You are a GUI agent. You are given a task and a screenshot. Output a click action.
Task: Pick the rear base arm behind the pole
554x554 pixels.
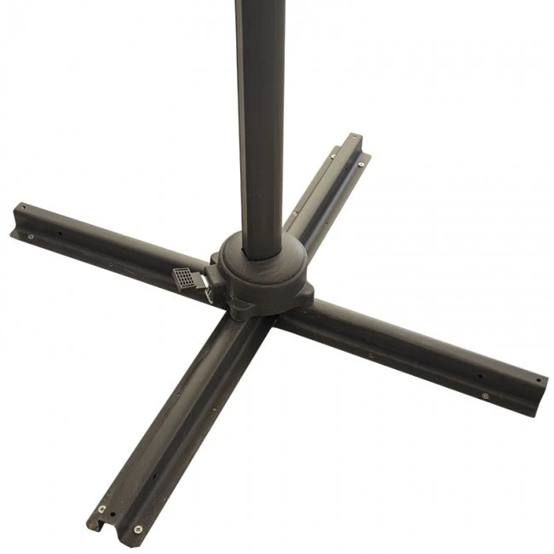(x=328, y=192)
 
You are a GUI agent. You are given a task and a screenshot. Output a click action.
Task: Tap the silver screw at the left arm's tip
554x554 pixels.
(x=32, y=236)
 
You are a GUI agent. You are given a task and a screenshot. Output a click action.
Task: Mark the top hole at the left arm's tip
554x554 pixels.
(x=21, y=207)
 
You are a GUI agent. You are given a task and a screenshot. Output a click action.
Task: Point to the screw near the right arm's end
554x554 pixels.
(x=485, y=396)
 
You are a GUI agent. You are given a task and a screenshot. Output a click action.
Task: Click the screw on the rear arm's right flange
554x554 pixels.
(x=362, y=164)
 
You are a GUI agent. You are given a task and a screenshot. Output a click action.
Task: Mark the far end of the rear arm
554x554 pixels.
(x=353, y=139)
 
